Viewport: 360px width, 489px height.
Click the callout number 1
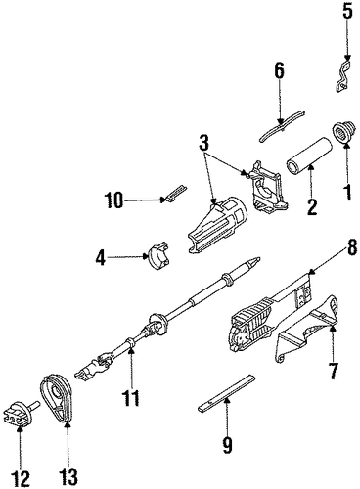tap(348, 193)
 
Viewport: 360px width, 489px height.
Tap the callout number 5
tap(347, 11)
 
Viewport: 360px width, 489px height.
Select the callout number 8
tap(351, 249)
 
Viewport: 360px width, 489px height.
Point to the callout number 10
tap(113, 200)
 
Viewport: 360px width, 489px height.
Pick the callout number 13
tap(68, 477)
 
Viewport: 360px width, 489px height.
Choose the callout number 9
tap(227, 445)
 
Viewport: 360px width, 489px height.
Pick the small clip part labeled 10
tap(176, 193)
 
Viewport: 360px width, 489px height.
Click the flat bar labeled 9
tap(226, 393)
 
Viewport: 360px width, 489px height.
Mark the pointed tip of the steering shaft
tap(260, 258)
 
